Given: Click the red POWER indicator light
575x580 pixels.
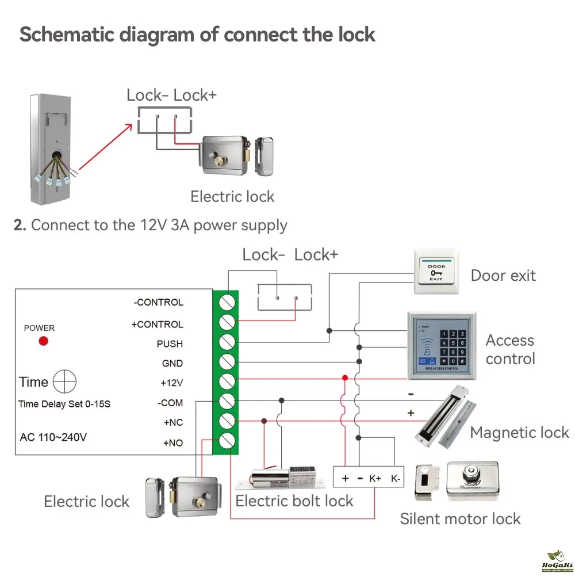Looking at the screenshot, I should [x=43, y=341].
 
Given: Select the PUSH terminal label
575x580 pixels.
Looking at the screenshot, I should [x=170, y=344].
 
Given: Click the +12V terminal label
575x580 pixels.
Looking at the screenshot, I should [x=171, y=383].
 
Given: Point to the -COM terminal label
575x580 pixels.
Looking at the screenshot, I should [x=170, y=403].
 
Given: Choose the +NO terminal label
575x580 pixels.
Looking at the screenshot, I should [x=172, y=443].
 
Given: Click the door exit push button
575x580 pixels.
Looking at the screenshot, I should [x=436, y=272].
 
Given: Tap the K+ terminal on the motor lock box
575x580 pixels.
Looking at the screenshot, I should [x=375, y=478].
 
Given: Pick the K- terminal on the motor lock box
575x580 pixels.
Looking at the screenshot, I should [x=396, y=478].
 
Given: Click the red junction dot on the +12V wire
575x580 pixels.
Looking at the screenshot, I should [x=345, y=378].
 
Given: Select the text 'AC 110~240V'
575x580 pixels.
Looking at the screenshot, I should [x=53, y=437].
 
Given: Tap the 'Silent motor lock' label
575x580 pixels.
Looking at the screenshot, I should [x=460, y=518].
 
